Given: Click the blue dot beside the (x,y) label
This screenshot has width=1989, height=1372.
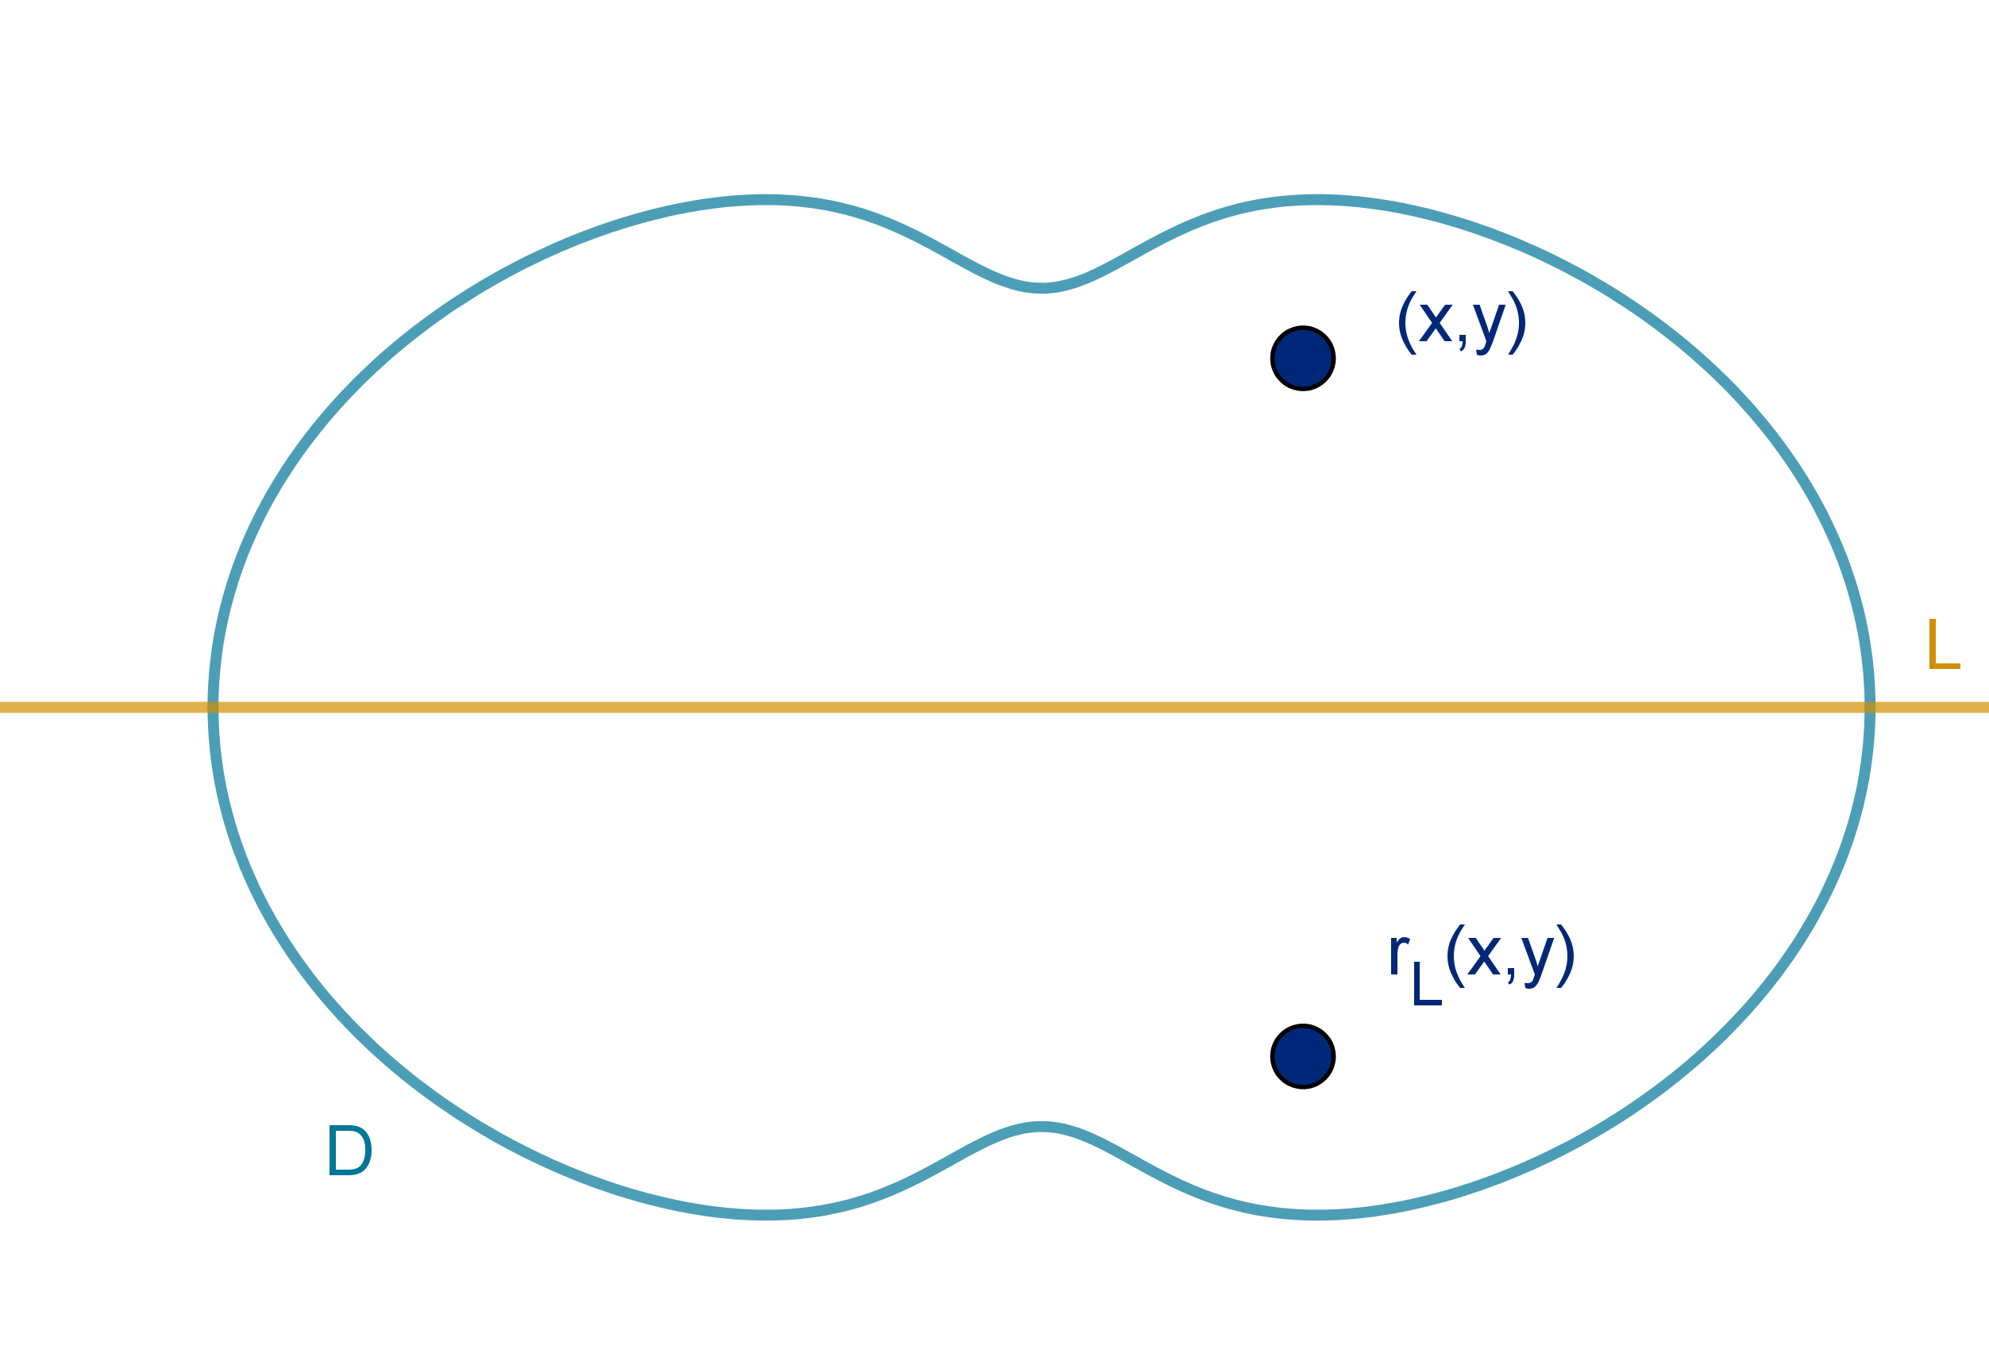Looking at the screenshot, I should click(x=1303, y=358).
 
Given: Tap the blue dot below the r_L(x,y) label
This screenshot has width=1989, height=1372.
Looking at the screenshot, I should click(x=1303, y=1055).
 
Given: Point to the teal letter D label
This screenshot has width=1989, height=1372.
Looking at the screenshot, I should click(x=349, y=1151).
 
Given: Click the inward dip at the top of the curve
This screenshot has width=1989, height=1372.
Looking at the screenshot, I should click(x=1042, y=287).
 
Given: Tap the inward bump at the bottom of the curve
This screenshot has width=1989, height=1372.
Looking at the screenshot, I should click(x=1042, y=1126).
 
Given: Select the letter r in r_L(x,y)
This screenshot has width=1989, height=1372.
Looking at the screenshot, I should click(x=1398, y=954).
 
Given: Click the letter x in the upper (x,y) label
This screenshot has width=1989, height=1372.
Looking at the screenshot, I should click(x=1433, y=322).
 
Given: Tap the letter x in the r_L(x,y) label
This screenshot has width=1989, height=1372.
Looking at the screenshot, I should click(x=1483, y=955).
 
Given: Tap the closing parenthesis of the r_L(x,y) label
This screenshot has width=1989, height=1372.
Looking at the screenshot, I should click(x=1567, y=955).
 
